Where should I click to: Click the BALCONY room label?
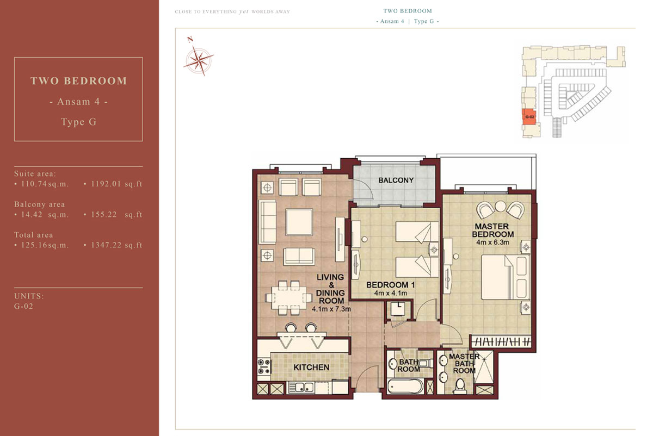[396, 180]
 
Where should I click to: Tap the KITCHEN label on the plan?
[311, 368]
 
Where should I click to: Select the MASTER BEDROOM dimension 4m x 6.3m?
[492, 242]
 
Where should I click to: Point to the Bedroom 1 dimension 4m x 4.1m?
[390, 293]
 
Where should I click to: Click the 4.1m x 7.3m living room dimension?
[331, 309]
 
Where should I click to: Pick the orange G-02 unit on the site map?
[529, 117]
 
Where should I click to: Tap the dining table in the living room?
[289, 298]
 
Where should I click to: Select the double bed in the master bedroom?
[505, 277]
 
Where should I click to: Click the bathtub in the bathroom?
[405, 386]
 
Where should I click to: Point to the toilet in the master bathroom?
[460, 386]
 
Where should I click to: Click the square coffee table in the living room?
[299, 222]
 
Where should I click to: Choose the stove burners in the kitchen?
[264, 366]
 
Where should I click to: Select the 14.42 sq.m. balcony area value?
[45, 215]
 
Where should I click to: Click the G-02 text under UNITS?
[23, 307]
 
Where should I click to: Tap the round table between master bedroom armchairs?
[500, 206]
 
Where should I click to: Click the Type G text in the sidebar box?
[79, 122]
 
